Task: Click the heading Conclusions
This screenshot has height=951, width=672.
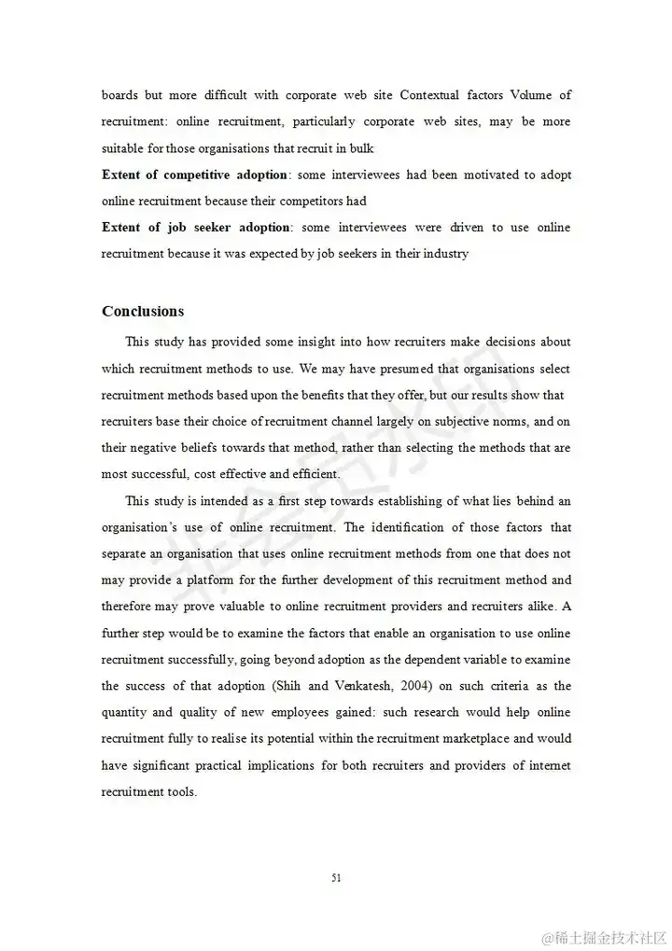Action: pyautogui.click(x=143, y=312)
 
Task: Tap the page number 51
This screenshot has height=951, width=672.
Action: pyautogui.click(x=336, y=877)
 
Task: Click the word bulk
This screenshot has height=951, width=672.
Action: pyautogui.click(x=362, y=148)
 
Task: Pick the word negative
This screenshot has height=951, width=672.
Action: pyautogui.click(x=152, y=448)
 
